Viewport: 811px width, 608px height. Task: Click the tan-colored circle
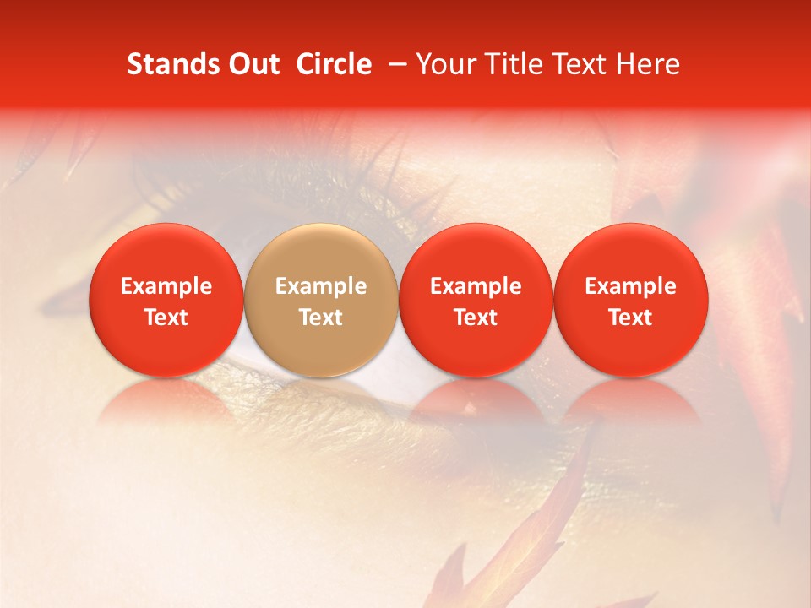[x=321, y=300]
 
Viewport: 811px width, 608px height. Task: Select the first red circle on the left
[x=166, y=300]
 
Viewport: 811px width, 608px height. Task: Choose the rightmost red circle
[x=631, y=300]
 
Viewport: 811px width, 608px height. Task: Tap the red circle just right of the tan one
[x=476, y=300]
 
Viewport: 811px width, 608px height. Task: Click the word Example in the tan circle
[x=321, y=286]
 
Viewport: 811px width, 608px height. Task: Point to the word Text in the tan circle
[x=321, y=318]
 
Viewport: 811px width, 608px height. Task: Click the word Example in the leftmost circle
[x=166, y=286]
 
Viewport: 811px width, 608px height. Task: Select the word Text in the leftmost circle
[x=166, y=318]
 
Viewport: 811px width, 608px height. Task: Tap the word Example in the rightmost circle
[x=631, y=286]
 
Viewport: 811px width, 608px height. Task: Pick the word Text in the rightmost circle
[x=631, y=318]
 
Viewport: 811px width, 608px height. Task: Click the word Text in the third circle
[x=476, y=318]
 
